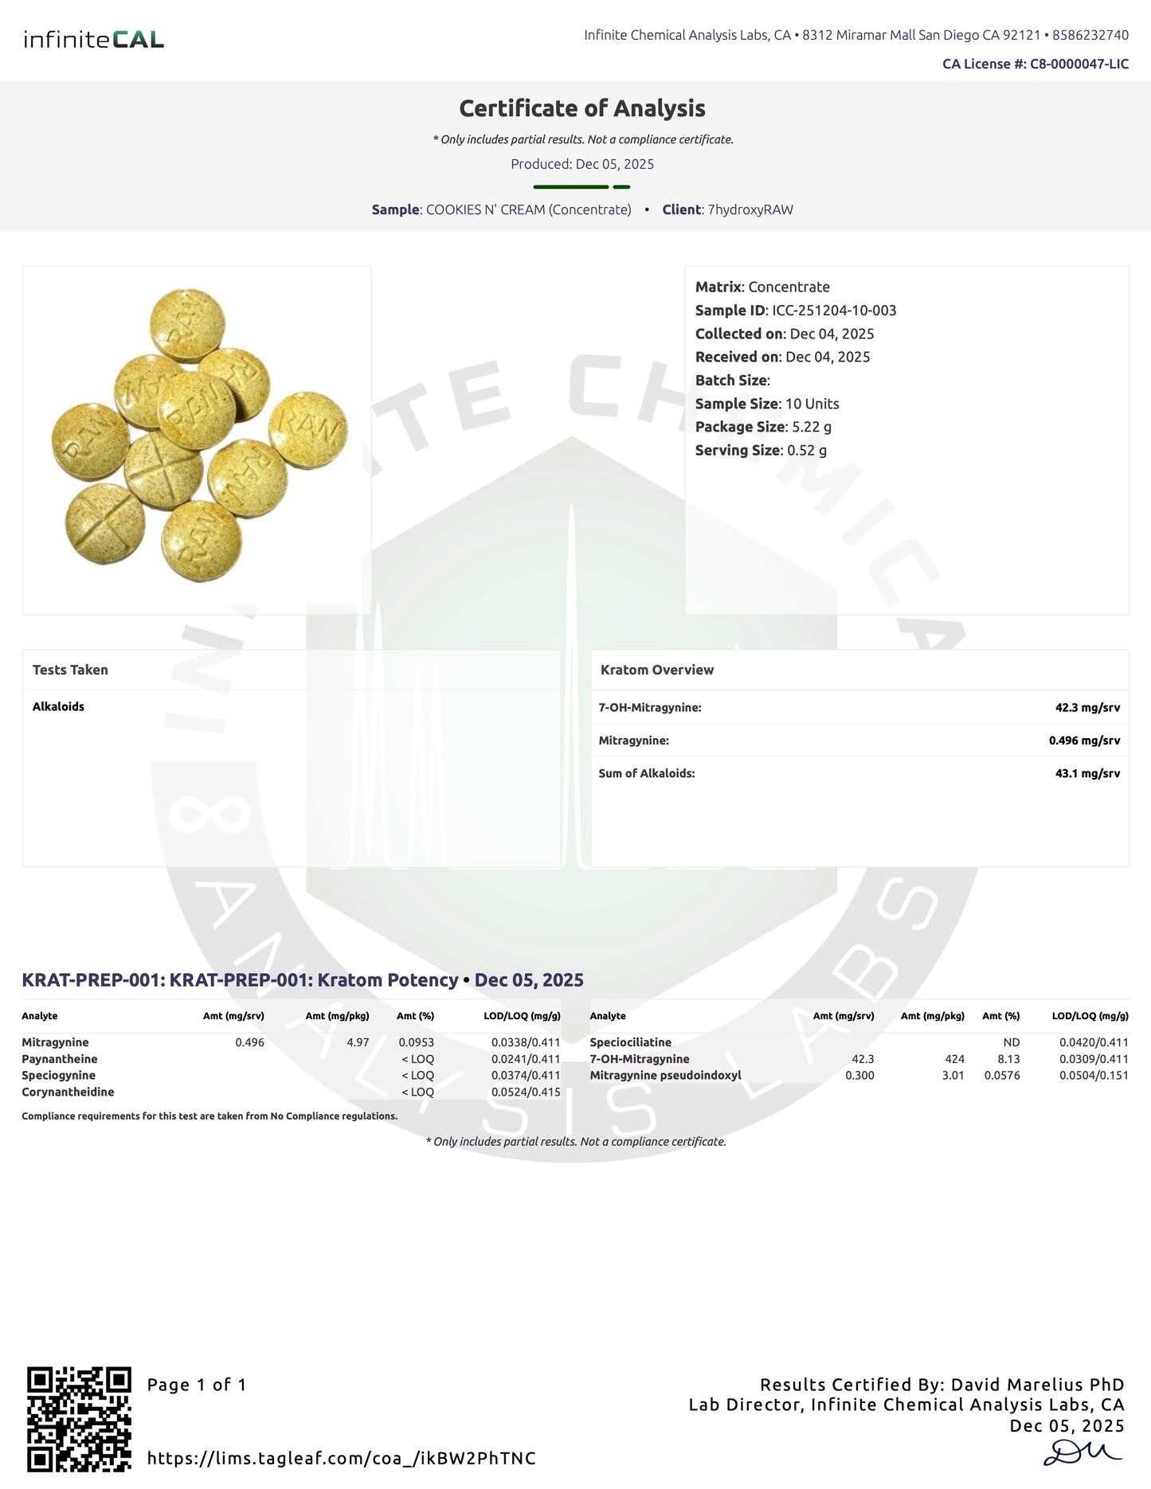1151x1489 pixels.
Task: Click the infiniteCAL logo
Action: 93,39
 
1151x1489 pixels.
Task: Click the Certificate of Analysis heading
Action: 582,108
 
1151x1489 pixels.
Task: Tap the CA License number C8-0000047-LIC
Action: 1079,64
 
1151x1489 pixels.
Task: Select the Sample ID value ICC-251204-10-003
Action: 834,311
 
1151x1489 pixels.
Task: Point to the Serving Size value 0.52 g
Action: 807,451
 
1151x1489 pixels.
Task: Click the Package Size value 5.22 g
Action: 812,427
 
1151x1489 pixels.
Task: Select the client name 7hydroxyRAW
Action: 750,209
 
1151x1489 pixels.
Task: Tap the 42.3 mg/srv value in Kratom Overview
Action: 1087,707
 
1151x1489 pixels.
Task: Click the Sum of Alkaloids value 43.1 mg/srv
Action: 1087,773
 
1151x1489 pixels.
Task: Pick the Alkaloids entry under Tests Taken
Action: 58,706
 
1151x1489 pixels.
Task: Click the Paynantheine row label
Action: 60,1059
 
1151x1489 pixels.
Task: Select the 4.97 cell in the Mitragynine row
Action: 358,1042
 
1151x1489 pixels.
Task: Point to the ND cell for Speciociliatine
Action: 1011,1042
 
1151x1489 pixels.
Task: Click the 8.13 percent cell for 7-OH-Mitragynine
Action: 1008,1059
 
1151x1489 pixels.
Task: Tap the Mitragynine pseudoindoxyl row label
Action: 665,1076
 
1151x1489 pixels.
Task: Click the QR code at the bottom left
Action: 79,1419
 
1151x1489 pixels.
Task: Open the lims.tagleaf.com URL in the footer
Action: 342,1458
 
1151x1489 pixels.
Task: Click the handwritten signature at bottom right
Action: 1082,1452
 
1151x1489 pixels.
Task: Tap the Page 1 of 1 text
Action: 197,1385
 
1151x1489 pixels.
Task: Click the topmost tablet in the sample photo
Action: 188,324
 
